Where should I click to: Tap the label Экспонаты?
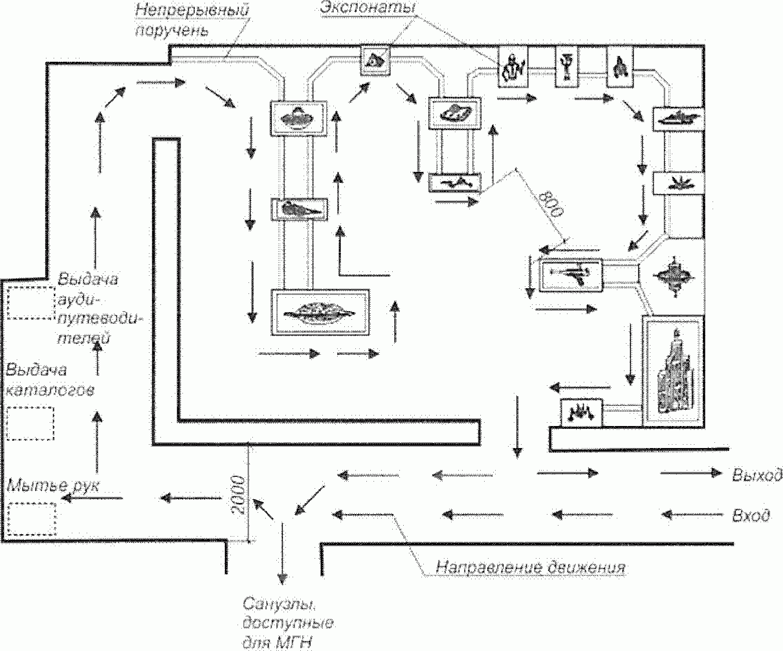tap(367, 8)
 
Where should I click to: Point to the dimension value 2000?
tap(238, 495)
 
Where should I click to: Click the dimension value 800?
tap(551, 203)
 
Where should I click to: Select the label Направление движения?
tap(531, 568)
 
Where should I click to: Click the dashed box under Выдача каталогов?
tap(30, 423)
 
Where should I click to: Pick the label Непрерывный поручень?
tap(192, 19)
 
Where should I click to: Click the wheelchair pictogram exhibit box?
tap(621, 67)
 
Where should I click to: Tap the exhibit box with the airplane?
tap(570, 274)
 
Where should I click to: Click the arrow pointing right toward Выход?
tap(691, 473)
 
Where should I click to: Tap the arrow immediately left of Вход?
tap(692, 515)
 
